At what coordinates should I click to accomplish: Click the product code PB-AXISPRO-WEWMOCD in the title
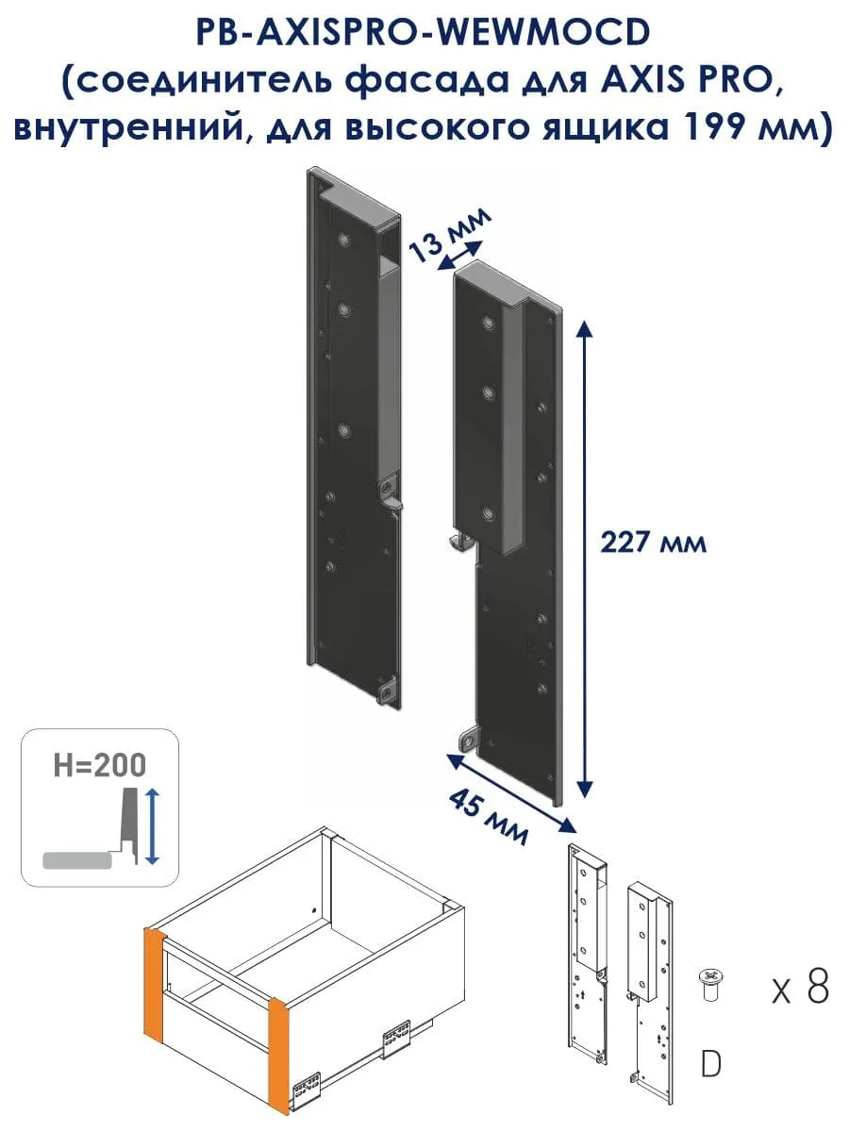tap(424, 32)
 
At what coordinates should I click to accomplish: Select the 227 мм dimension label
tap(653, 542)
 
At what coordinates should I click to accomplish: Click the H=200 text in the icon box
tap(100, 765)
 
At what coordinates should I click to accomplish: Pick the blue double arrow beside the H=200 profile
tap(153, 826)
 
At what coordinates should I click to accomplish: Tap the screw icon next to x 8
tap(709, 986)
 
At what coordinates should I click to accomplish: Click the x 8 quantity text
tap(801, 987)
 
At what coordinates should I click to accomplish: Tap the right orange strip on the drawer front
tap(279, 1057)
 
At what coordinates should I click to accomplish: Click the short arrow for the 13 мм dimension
tap(459, 256)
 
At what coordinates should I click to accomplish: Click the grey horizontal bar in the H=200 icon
tap(77, 860)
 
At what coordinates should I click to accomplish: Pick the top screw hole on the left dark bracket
tap(343, 239)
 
